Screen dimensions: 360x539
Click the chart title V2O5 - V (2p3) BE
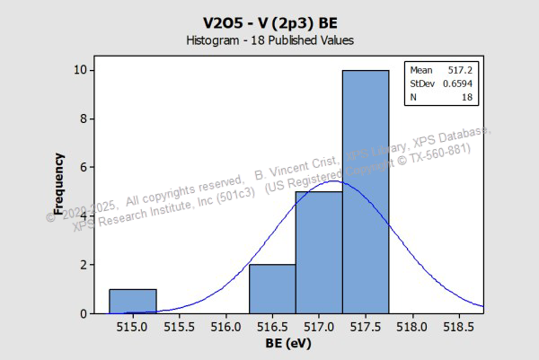tap(269, 20)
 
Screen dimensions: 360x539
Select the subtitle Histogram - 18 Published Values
tap(269, 40)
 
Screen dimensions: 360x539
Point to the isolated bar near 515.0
tap(133, 302)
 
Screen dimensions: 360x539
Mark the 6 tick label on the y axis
tap(83, 168)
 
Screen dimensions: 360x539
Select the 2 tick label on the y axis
tap(83, 265)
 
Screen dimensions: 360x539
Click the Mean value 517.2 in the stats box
tap(461, 70)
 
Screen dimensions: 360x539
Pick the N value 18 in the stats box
tap(467, 97)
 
